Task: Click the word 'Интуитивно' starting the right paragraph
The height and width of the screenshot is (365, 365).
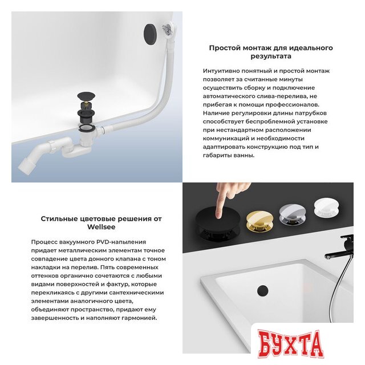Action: click(x=220, y=71)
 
